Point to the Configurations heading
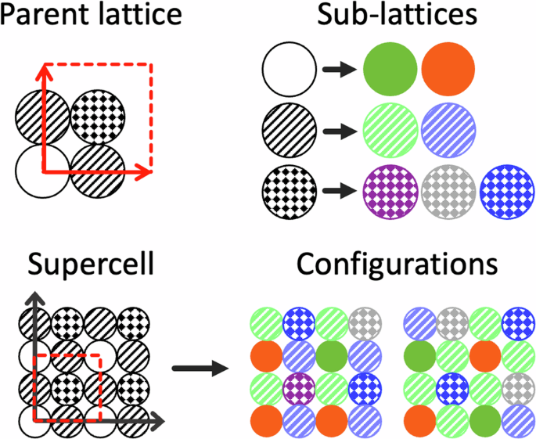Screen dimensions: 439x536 (397, 265)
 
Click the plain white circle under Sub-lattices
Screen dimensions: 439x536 (290, 70)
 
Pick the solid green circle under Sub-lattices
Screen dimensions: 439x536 (391, 70)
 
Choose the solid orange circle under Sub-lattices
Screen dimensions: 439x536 (448, 70)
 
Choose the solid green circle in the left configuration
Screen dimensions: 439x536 (333, 355)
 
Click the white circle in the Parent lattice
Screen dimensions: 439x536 (40, 171)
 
